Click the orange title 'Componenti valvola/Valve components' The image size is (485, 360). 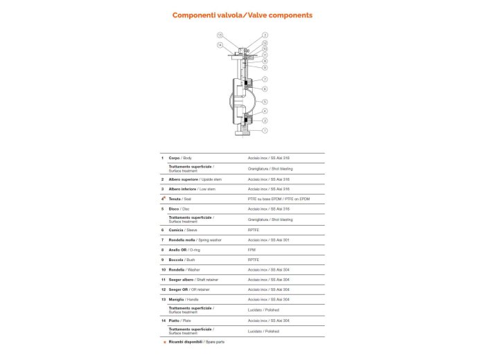[x=242, y=15]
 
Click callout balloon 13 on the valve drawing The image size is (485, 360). [x=220, y=35]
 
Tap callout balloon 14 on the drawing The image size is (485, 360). [x=220, y=45]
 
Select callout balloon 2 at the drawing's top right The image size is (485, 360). [x=265, y=35]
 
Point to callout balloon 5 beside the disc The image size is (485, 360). [x=265, y=102]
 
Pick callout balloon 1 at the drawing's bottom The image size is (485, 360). [x=265, y=130]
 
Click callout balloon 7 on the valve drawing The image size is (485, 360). [x=265, y=80]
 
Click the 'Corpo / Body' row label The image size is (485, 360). [x=179, y=158]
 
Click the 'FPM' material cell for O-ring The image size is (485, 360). [x=252, y=249]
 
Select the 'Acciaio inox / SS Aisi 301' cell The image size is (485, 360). [x=268, y=239]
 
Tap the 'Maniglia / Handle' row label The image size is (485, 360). [x=184, y=298]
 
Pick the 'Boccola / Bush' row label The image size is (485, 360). [x=182, y=259]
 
